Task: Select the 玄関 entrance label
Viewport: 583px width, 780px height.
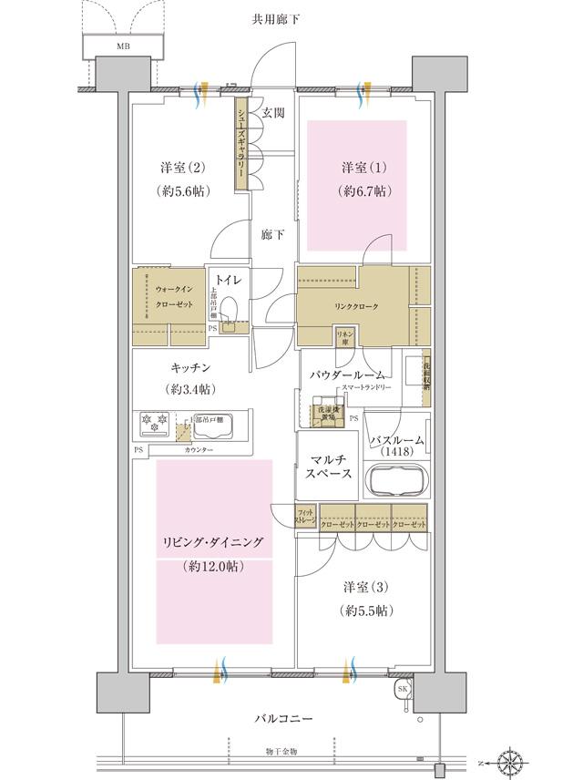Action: (274, 114)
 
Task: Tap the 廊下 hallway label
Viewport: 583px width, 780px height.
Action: (273, 235)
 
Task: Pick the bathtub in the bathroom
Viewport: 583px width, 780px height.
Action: (395, 479)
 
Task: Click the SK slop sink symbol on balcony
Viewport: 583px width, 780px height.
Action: (403, 690)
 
